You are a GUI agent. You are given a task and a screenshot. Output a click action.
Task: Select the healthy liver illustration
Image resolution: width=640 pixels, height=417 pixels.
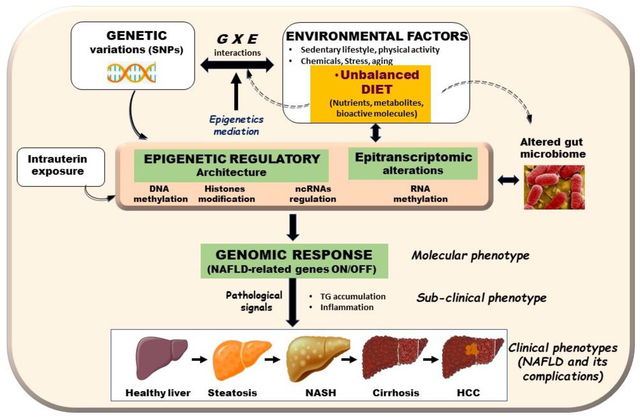coord(161,359)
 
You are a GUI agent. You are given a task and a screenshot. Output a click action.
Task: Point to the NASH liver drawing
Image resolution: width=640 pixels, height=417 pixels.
coord(317,359)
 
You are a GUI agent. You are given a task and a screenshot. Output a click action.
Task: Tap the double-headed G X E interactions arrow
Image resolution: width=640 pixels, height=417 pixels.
coord(237,65)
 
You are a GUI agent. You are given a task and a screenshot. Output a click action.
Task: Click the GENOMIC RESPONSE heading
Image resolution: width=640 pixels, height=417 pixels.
coord(294,255)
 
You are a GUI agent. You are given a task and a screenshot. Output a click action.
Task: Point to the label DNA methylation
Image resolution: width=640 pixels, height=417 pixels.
coord(161,194)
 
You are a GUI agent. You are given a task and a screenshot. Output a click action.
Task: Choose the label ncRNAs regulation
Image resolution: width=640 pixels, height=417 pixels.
coord(313,194)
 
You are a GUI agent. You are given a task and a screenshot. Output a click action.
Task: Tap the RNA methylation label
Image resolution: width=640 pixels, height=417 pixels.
coord(420,194)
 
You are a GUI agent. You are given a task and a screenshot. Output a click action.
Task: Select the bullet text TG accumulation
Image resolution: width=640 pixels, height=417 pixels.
coord(353,296)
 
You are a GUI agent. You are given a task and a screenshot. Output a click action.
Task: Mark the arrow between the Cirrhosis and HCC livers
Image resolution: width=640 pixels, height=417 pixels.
coord(431,359)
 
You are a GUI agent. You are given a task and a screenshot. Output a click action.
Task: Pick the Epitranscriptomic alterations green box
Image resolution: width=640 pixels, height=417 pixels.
coord(413,163)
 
